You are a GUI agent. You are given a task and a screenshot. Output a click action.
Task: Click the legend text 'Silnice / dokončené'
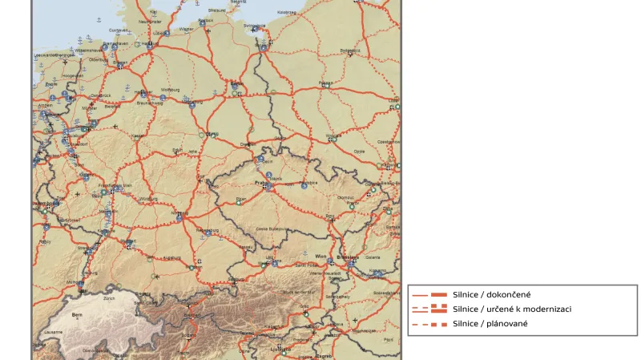click(x=485, y=295)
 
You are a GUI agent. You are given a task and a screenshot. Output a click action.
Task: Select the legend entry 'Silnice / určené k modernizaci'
click(x=500, y=309)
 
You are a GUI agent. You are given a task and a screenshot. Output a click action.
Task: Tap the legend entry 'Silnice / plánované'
click(x=484, y=323)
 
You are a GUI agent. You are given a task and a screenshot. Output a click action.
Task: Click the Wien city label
click(x=320, y=256)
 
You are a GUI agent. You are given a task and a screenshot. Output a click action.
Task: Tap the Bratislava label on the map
click(x=347, y=257)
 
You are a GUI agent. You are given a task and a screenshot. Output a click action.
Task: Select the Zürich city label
click(x=110, y=298)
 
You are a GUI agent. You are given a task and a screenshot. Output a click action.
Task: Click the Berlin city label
click(x=236, y=82)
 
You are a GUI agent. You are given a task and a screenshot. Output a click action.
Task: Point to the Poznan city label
click(x=325, y=83)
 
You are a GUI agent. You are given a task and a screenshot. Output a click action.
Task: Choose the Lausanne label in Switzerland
click(x=54, y=331)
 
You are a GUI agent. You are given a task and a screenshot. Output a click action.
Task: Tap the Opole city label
click(x=359, y=151)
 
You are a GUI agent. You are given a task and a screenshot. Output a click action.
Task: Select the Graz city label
click(x=304, y=305)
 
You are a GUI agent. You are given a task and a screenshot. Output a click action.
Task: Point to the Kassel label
click(x=139, y=136)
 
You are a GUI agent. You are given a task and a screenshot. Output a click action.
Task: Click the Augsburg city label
click(x=172, y=258)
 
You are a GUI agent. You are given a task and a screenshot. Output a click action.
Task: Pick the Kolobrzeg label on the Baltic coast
click(x=286, y=12)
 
